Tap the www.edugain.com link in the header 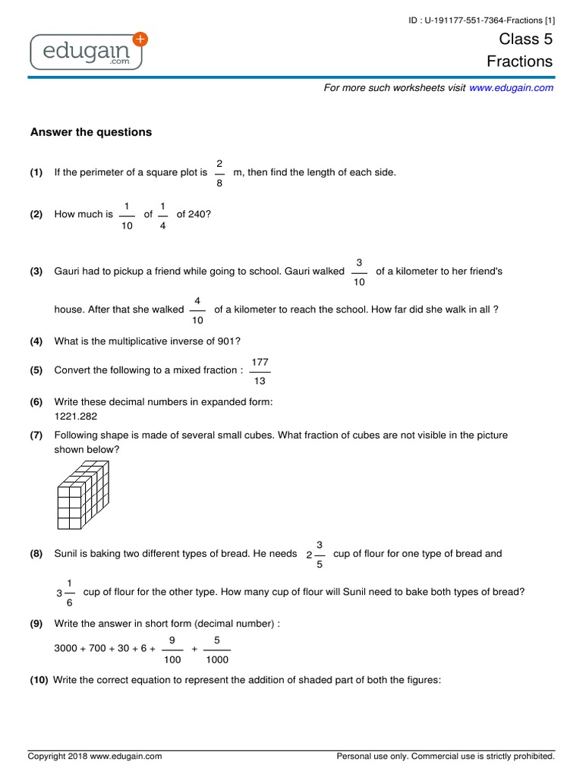[511, 88]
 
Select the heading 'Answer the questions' [91, 132]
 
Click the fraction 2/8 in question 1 [219, 172]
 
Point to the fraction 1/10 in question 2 [127, 215]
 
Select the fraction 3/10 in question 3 [359, 272]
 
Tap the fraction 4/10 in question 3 [197, 310]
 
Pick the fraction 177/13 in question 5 [260, 371]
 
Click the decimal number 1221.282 [76, 416]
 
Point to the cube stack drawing [84, 496]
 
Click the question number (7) [36, 436]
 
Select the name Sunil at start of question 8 [66, 554]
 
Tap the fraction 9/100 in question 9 [172, 650]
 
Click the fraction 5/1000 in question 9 [217, 650]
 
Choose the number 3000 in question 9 [67, 650]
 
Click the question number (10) [39, 680]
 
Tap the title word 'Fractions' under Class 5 [520, 61]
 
